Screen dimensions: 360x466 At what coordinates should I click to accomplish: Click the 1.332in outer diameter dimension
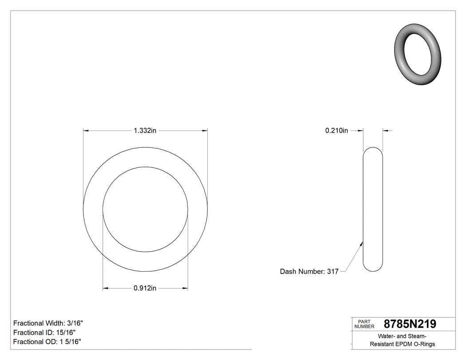(145, 131)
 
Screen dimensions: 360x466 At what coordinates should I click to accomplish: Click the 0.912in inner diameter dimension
(145, 289)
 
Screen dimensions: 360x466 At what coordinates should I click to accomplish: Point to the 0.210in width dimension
(336, 131)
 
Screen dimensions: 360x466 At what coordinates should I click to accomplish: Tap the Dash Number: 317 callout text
(309, 271)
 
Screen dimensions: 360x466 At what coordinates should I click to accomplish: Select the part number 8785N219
(410, 324)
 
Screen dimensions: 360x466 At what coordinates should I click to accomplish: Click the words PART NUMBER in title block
(364, 324)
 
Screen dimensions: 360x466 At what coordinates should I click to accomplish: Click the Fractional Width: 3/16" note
(48, 323)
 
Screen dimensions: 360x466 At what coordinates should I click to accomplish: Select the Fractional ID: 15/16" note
(44, 332)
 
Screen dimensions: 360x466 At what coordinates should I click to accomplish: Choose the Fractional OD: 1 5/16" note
(47, 342)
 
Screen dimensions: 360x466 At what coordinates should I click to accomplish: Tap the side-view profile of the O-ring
(373, 209)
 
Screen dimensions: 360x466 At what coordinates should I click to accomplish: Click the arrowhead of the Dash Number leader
(362, 243)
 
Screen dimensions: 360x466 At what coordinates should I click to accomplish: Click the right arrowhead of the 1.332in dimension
(205, 131)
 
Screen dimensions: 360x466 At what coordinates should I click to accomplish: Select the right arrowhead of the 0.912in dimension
(185, 289)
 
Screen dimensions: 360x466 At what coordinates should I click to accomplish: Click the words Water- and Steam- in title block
(402, 336)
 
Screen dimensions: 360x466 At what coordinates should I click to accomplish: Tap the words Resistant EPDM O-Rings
(402, 344)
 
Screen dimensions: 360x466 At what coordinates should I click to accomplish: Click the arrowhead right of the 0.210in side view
(386, 131)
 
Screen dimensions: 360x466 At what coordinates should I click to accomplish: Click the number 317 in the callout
(332, 271)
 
